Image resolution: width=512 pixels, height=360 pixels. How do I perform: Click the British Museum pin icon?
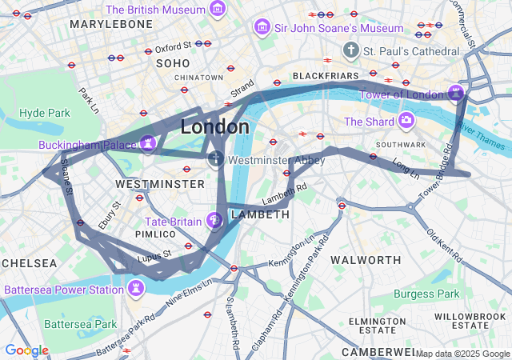point(217,10)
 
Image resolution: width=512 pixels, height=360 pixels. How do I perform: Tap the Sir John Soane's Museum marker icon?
point(261,28)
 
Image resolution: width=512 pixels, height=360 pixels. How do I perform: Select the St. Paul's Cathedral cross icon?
point(350,51)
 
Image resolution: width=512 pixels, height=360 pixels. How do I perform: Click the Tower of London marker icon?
point(456,93)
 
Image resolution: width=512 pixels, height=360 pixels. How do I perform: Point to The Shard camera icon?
point(406,122)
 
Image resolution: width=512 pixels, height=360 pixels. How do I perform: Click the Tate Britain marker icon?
point(214,220)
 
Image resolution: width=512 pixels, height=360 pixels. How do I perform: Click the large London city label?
point(214,126)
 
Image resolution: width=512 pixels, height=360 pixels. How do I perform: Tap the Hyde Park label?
point(45,113)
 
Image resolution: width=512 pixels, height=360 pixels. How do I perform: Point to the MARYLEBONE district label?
point(111,25)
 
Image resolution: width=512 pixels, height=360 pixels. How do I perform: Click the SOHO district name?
point(173,62)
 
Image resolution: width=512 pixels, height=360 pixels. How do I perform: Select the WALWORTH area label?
point(366,260)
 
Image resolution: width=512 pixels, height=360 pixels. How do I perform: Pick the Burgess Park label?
point(426,294)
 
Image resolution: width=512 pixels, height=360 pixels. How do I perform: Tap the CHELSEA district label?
point(29,263)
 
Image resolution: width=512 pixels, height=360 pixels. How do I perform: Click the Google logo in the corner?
point(26,350)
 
